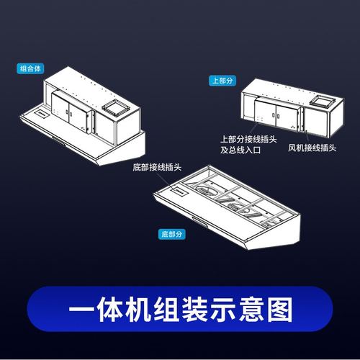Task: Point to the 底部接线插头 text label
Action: coord(157,167)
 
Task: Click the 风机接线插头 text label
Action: coord(312,148)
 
